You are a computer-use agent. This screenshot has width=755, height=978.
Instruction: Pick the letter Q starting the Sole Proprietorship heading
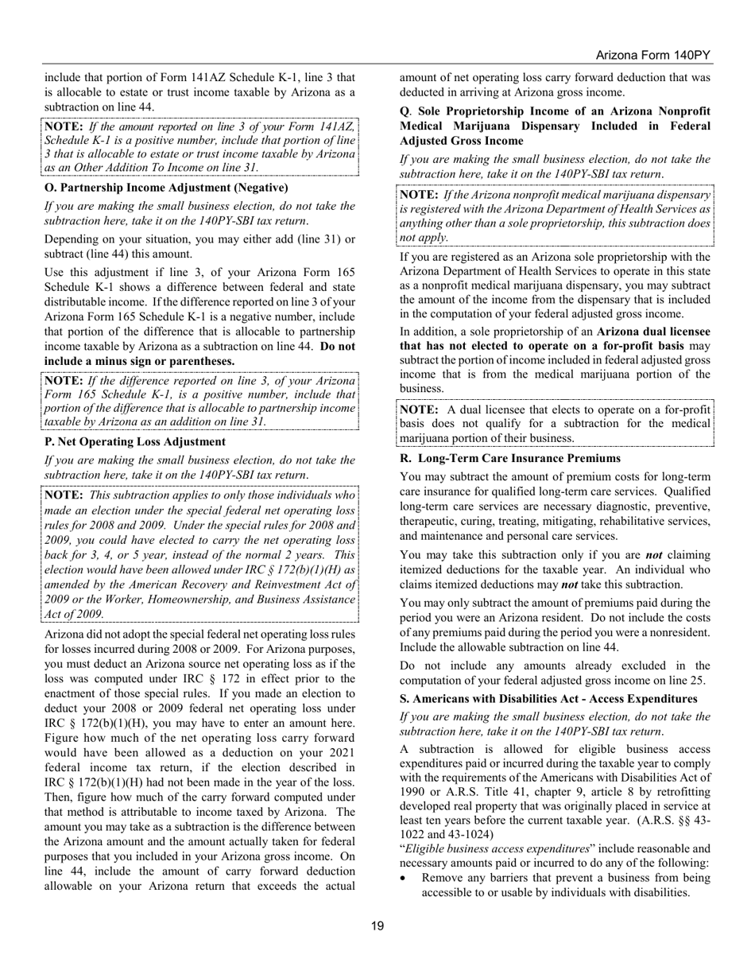(404, 111)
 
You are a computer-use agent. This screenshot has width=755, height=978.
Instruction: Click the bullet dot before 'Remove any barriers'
(406, 879)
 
